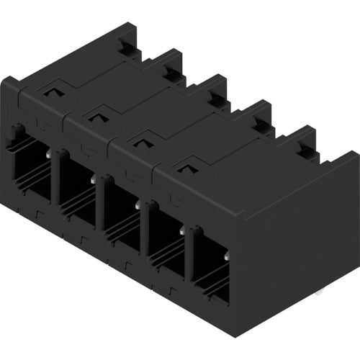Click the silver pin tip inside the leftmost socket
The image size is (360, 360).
pyautogui.click(x=48, y=153)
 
